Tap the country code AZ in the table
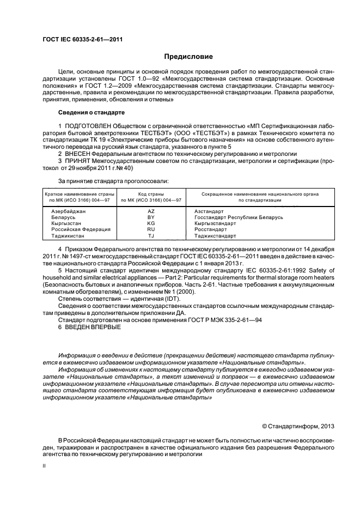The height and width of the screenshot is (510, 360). [x=151, y=211]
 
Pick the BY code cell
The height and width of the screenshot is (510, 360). [x=151, y=217]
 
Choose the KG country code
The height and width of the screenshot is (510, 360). [x=151, y=223]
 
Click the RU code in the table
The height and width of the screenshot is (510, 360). [x=151, y=229]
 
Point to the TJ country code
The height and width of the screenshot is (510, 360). [x=151, y=236]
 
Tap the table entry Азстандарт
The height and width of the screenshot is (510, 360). [x=209, y=211]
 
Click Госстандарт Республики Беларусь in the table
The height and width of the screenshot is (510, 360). [x=239, y=217]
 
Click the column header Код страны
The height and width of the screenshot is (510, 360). [x=151, y=194]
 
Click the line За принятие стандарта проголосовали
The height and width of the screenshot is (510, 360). [x=113, y=180]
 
